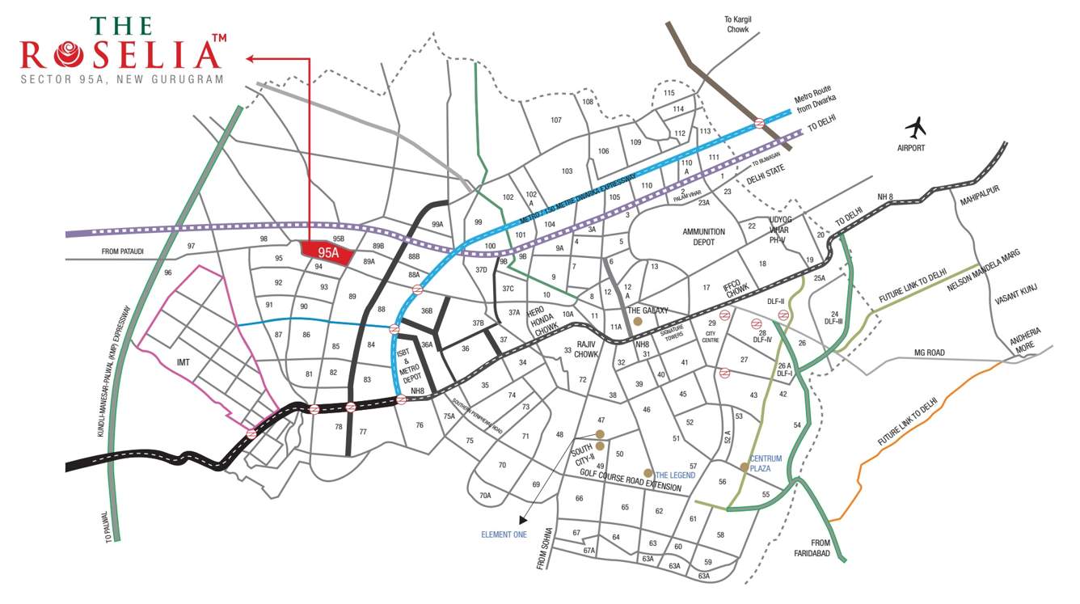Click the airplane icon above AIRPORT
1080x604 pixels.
click(915, 127)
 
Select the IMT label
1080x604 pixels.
click(183, 361)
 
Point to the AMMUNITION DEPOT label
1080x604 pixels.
click(703, 236)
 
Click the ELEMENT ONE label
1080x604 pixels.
click(504, 535)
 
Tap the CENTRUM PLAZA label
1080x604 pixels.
click(765, 463)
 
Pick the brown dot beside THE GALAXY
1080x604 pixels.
click(637, 322)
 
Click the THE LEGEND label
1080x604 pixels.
click(675, 475)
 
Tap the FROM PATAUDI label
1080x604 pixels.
click(122, 251)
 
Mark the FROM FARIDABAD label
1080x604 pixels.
click(809, 548)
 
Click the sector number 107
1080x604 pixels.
click(555, 120)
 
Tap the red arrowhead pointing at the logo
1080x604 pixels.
click(250, 58)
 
